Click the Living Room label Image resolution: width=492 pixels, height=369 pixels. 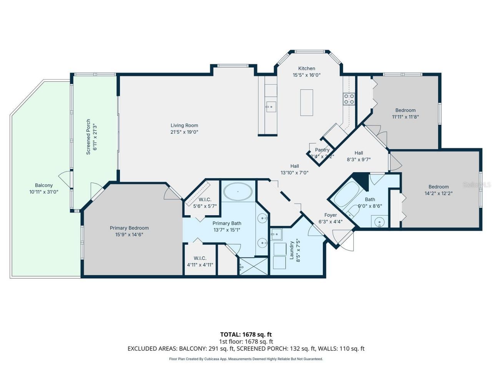point(184,125)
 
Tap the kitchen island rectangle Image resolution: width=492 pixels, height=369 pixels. point(306,102)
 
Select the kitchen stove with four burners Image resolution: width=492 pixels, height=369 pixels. point(349,99)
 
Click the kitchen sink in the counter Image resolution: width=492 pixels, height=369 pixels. point(271,106)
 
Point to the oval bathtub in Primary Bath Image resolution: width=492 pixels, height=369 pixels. point(238,191)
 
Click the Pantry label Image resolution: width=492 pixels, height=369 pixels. point(322,150)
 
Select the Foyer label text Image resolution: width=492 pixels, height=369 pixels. point(330,215)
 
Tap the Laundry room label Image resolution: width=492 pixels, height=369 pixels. point(292,250)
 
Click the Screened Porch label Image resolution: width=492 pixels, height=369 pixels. point(88,137)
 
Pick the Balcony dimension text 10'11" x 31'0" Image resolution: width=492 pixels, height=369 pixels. point(44,191)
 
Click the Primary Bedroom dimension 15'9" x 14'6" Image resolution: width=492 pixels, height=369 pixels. point(129,234)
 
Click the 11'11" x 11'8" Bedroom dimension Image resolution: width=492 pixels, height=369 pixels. point(406,117)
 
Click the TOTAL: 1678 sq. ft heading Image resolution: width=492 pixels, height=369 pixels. point(246,334)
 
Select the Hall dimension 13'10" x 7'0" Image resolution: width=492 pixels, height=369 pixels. point(294,173)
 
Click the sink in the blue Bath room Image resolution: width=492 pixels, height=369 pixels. point(379,222)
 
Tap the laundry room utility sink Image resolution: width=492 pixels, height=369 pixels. point(276,234)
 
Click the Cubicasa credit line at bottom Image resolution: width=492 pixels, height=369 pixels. point(246,359)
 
